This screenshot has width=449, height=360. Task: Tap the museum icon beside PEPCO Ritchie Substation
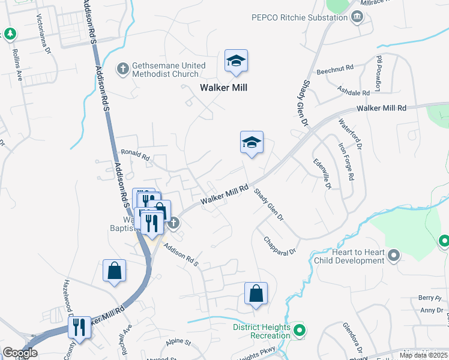pyautogui.click(x=357, y=17)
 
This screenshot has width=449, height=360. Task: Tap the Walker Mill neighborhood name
pyautogui.click(x=223, y=88)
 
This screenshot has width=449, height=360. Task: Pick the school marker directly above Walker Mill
pyautogui.click(x=237, y=61)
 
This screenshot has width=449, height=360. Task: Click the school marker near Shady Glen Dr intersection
pyautogui.click(x=252, y=143)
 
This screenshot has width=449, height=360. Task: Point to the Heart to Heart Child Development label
pyautogui.click(x=349, y=256)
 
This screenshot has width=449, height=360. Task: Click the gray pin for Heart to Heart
pyautogui.click(x=394, y=256)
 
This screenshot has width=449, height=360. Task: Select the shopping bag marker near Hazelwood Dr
pyautogui.click(x=114, y=271)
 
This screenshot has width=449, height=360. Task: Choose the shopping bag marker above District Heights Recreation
pyautogui.click(x=256, y=293)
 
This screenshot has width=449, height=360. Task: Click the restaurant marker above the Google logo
pyautogui.click(x=79, y=328)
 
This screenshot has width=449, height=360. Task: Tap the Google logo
pyautogui.click(x=20, y=353)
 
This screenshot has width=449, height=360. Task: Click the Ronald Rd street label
pyautogui.click(x=135, y=155)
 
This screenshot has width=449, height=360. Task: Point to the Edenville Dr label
pyautogui.click(x=322, y=175)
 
